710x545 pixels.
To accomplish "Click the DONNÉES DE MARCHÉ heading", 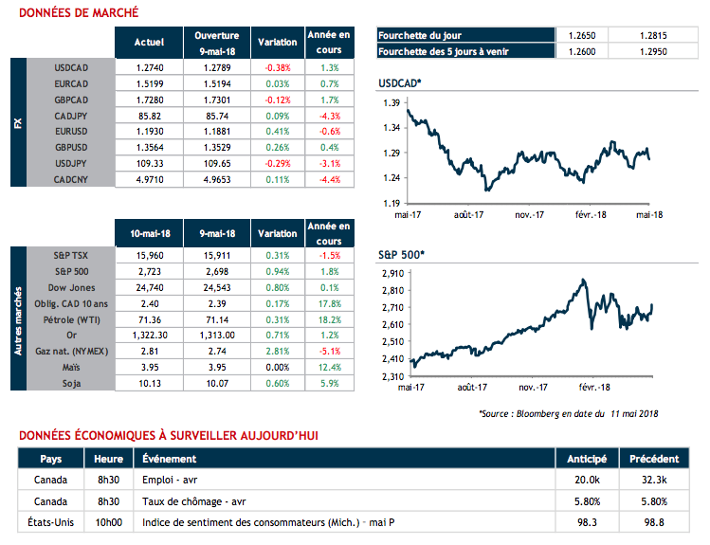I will tap(79, 12).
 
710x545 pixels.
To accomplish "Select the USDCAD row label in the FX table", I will tap(72, 68).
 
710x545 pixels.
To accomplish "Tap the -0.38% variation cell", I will tap(278, 68).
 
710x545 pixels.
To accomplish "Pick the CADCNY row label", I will tap(72, 179).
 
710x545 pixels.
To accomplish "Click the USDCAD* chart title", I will tap(399, 84).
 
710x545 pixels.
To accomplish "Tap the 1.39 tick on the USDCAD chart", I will tap(389, 101).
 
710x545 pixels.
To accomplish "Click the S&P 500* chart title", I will tap(400, 255).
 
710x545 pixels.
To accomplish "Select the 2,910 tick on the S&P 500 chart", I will tap(387, 273).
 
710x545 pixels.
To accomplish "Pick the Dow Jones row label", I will tap(72, 287).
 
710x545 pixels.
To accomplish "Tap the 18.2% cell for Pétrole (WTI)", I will tap(330, 320).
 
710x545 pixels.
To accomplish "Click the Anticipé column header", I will tap(586, 459).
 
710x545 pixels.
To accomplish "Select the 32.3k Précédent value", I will tap(655, 481).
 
